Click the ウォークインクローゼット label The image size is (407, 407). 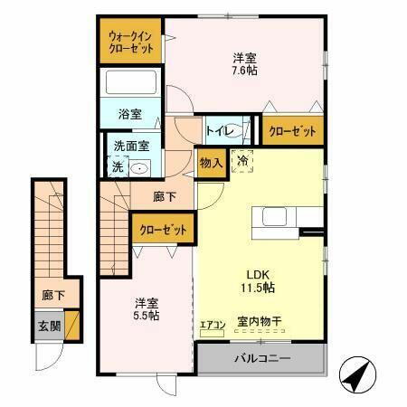(131, 42)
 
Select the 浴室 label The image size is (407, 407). (129, 114)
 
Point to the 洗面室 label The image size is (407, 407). (130, 147)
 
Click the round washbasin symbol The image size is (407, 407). (140, 167)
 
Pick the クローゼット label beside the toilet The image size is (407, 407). (292, 132)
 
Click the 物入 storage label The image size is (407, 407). (209, 163)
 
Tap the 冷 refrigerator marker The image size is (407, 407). (242, 161)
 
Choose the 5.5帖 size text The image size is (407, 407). (147, 309)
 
